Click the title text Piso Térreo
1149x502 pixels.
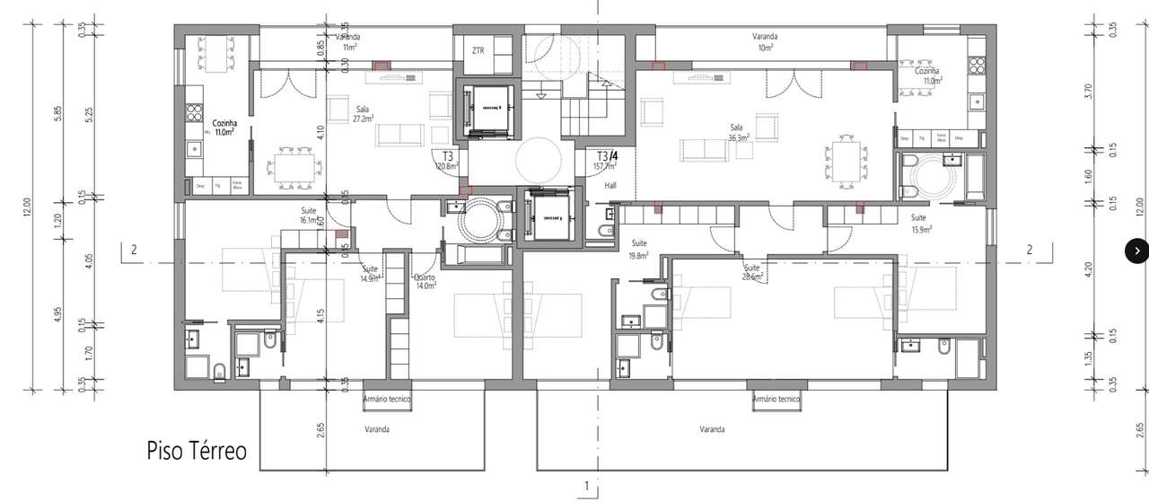197,451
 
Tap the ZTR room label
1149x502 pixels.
478,51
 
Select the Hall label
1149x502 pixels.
610,185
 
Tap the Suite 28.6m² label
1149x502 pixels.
752,272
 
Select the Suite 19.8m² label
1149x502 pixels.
639,249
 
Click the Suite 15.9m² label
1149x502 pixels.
919,224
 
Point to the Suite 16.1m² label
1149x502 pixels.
308,215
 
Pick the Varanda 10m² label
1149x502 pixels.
765,42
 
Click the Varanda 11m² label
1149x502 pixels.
347,41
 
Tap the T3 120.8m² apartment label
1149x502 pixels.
447,161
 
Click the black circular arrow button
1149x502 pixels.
1136,251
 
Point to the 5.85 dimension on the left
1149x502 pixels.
57,115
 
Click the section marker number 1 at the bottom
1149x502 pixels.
585,486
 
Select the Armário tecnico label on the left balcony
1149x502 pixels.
387,399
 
